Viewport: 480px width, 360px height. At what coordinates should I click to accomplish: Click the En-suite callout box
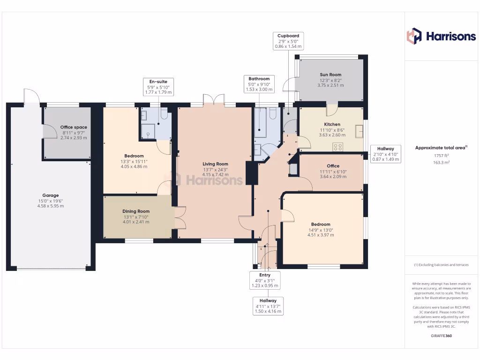(159, 87)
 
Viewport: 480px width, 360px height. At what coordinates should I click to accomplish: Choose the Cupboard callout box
(288, 41)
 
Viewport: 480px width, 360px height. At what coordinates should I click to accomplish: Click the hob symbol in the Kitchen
(337, 147)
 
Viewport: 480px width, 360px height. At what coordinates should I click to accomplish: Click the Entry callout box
(265, 280)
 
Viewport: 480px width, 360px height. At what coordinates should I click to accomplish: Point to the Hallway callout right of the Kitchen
(386, 154)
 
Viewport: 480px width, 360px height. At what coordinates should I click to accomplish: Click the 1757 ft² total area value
(441, 155)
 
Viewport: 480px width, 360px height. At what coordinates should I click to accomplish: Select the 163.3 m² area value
(441, 162)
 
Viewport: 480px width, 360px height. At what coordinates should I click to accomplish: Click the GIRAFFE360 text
(441, 336)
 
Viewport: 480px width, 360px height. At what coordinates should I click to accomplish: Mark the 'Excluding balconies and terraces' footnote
(441, 265)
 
